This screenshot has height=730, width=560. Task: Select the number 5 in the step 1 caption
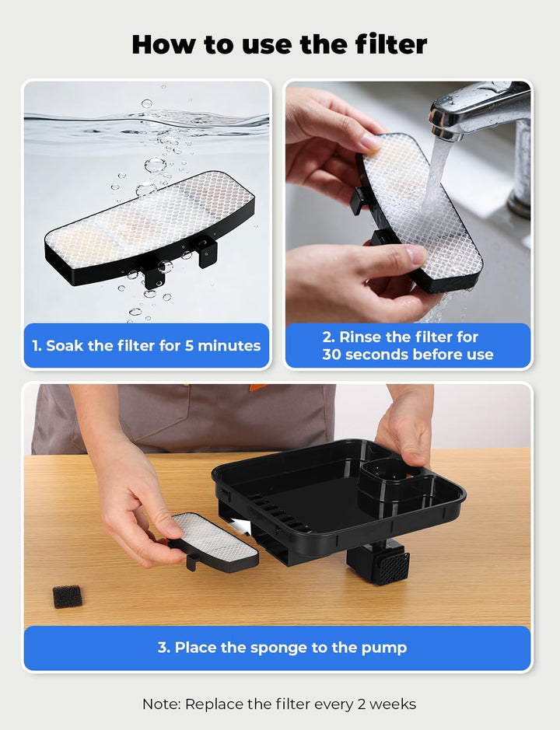[x=189, y=345]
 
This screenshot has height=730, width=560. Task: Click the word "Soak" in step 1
[x=65, y=345]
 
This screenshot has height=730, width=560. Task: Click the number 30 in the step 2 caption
[x=331, y=355]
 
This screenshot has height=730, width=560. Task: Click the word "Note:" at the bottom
[x=162, y=704]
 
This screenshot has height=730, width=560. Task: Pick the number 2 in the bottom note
[x=362, y=704]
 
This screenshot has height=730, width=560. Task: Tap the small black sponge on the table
[x=67, y=596]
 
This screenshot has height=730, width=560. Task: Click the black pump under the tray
[x=378, y=561]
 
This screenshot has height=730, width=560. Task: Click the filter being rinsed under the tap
[x=416, y=211]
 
